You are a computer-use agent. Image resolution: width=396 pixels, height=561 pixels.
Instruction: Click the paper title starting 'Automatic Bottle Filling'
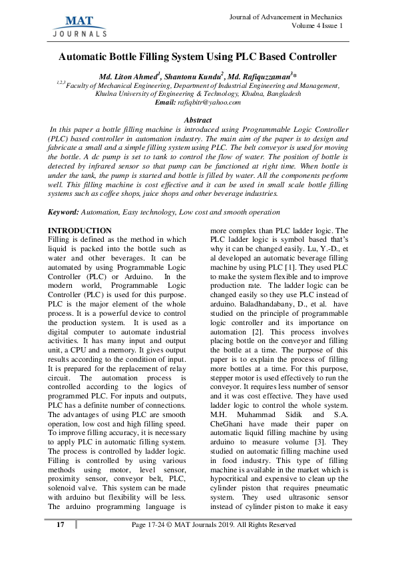(198, 57)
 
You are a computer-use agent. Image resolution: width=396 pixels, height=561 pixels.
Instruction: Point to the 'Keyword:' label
(63, 211)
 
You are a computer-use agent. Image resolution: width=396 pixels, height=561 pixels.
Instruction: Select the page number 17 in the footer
(61, 525)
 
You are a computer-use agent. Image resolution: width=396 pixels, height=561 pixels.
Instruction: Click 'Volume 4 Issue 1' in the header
(316, 26)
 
